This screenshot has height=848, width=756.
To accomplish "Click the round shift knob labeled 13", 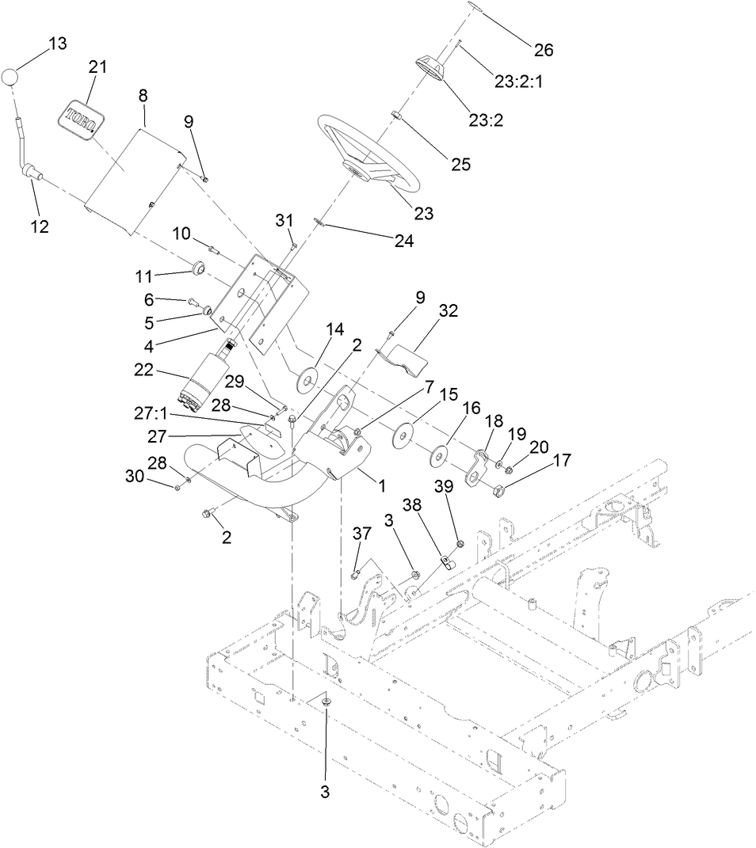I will (10, 77).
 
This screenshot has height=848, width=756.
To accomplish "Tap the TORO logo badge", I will (80, 117).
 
